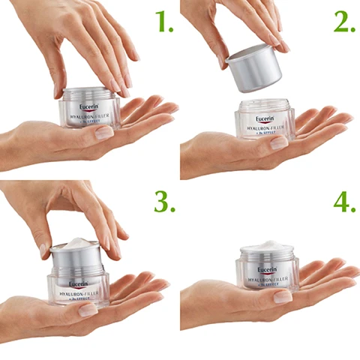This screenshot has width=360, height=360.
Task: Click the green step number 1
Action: tap(163, 23)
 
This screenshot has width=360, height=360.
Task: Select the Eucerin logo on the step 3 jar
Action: tap(80, 283)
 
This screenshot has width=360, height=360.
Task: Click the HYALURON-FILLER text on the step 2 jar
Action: tap(266, 129)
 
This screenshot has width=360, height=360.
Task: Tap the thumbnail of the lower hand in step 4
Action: tap(283, 297)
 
